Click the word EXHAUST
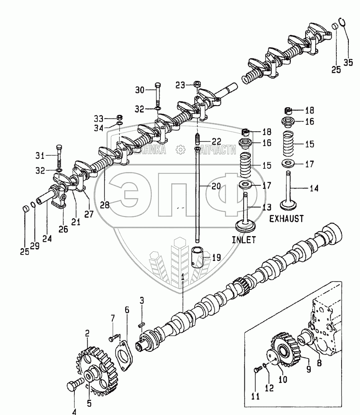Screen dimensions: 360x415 (x=286, y=219)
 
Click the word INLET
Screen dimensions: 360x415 (x=244, y=240)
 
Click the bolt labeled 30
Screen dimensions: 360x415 (x=157, y=94)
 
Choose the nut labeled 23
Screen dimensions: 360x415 (x=197, y=85)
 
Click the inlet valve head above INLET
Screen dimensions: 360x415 (x=245, y=226)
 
